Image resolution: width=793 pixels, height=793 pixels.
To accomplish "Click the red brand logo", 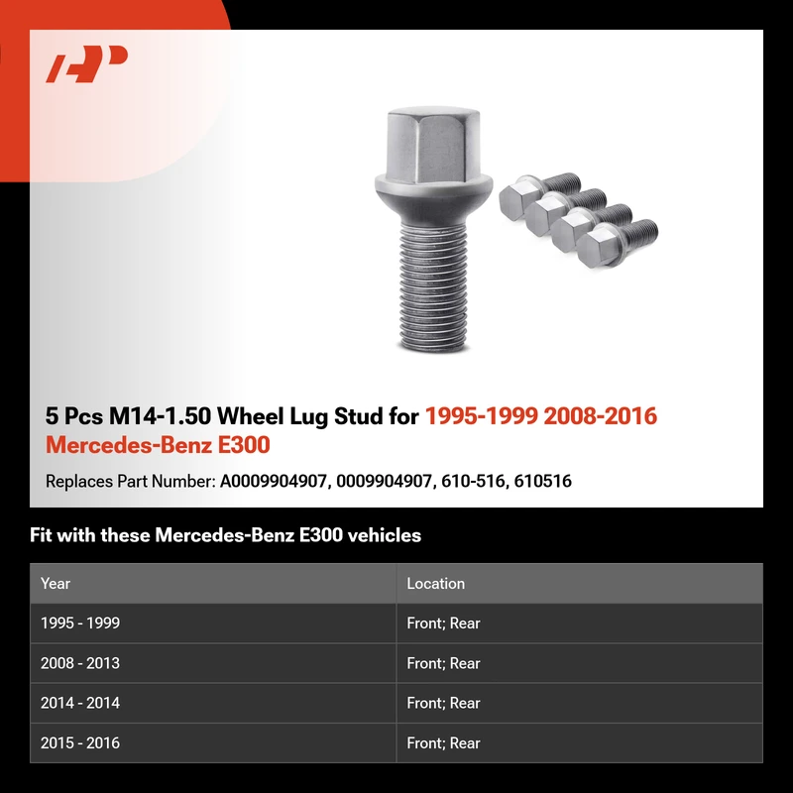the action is (x=86, y=63).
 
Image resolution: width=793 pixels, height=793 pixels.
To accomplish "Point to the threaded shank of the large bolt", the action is (x=433, y=285).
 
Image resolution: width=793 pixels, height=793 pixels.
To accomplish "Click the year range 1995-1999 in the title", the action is (x=482, y=415).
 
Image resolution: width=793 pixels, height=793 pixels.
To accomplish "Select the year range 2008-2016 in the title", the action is (x=601, y=415).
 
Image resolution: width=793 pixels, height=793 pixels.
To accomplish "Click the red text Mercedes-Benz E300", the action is (x=158, y=445).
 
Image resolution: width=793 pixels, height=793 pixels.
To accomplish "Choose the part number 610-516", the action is (x=474, y=481).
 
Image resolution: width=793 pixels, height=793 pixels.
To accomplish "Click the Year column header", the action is (x=56, y=583).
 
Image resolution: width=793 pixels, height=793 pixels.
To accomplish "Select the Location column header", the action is (x=435, y=583).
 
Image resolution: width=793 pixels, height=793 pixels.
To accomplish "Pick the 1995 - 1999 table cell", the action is (x=80, y=623).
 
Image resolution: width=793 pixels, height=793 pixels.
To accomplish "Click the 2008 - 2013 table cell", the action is (x=80, y=663).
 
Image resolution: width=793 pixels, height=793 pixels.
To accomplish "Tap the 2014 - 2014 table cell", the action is (x=80, y=703).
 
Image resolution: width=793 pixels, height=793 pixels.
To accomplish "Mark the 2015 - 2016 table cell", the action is (x=80, y=742).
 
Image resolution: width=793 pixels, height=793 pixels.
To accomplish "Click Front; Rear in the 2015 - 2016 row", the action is (x=443, y=742).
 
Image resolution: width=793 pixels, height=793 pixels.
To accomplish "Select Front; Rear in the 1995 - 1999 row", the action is (x=443, y=623).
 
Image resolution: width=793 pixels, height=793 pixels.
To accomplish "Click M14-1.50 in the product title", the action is (x=160, y=415).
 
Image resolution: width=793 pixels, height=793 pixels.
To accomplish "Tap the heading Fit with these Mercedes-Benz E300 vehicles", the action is (x=226, y=535).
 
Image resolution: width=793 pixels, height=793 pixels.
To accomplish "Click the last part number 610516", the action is (x=542, y=481).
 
